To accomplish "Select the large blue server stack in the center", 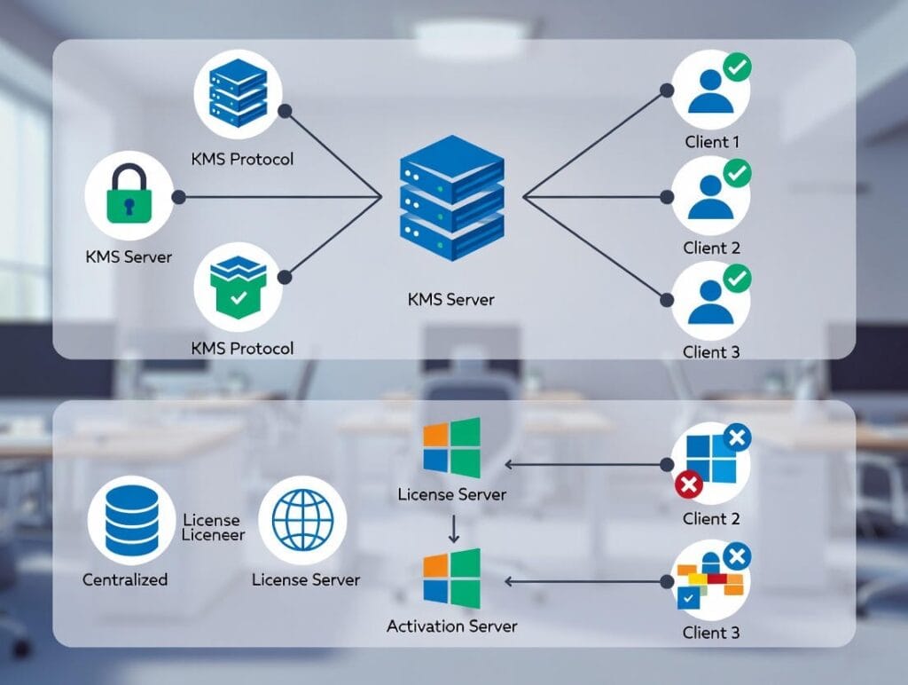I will point(451,198).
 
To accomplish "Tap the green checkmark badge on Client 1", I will point(738,67).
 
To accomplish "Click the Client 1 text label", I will point(712,142).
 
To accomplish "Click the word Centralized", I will point(125,579).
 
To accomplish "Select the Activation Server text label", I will point(451,626).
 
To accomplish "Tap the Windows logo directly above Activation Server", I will point(451,579).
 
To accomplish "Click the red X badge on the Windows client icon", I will point(689,484).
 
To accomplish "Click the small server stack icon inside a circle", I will point(237,93).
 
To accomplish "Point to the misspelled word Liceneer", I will point(213,535).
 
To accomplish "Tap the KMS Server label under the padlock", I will point(129,257).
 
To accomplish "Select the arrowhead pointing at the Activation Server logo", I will point(510,581).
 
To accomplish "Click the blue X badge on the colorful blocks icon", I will point(738,556).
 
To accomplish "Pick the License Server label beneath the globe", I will point(306,579).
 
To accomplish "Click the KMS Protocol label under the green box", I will point(242,348).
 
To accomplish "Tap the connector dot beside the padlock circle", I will point(178,196).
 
